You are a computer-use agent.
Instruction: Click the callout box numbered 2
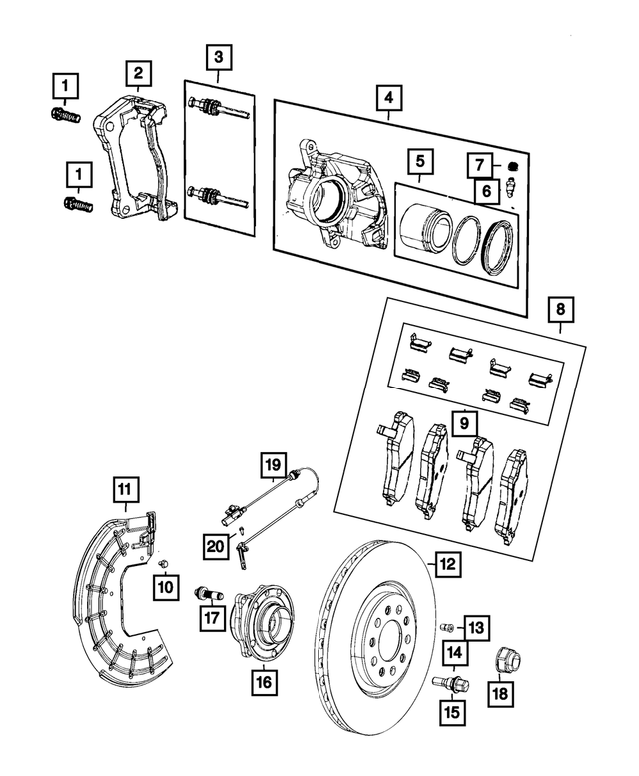pos(139,73)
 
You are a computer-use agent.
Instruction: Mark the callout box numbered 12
pos(448,564)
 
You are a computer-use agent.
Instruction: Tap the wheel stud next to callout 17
pos(203,594)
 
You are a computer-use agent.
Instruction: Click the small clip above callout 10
pos(161,565)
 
